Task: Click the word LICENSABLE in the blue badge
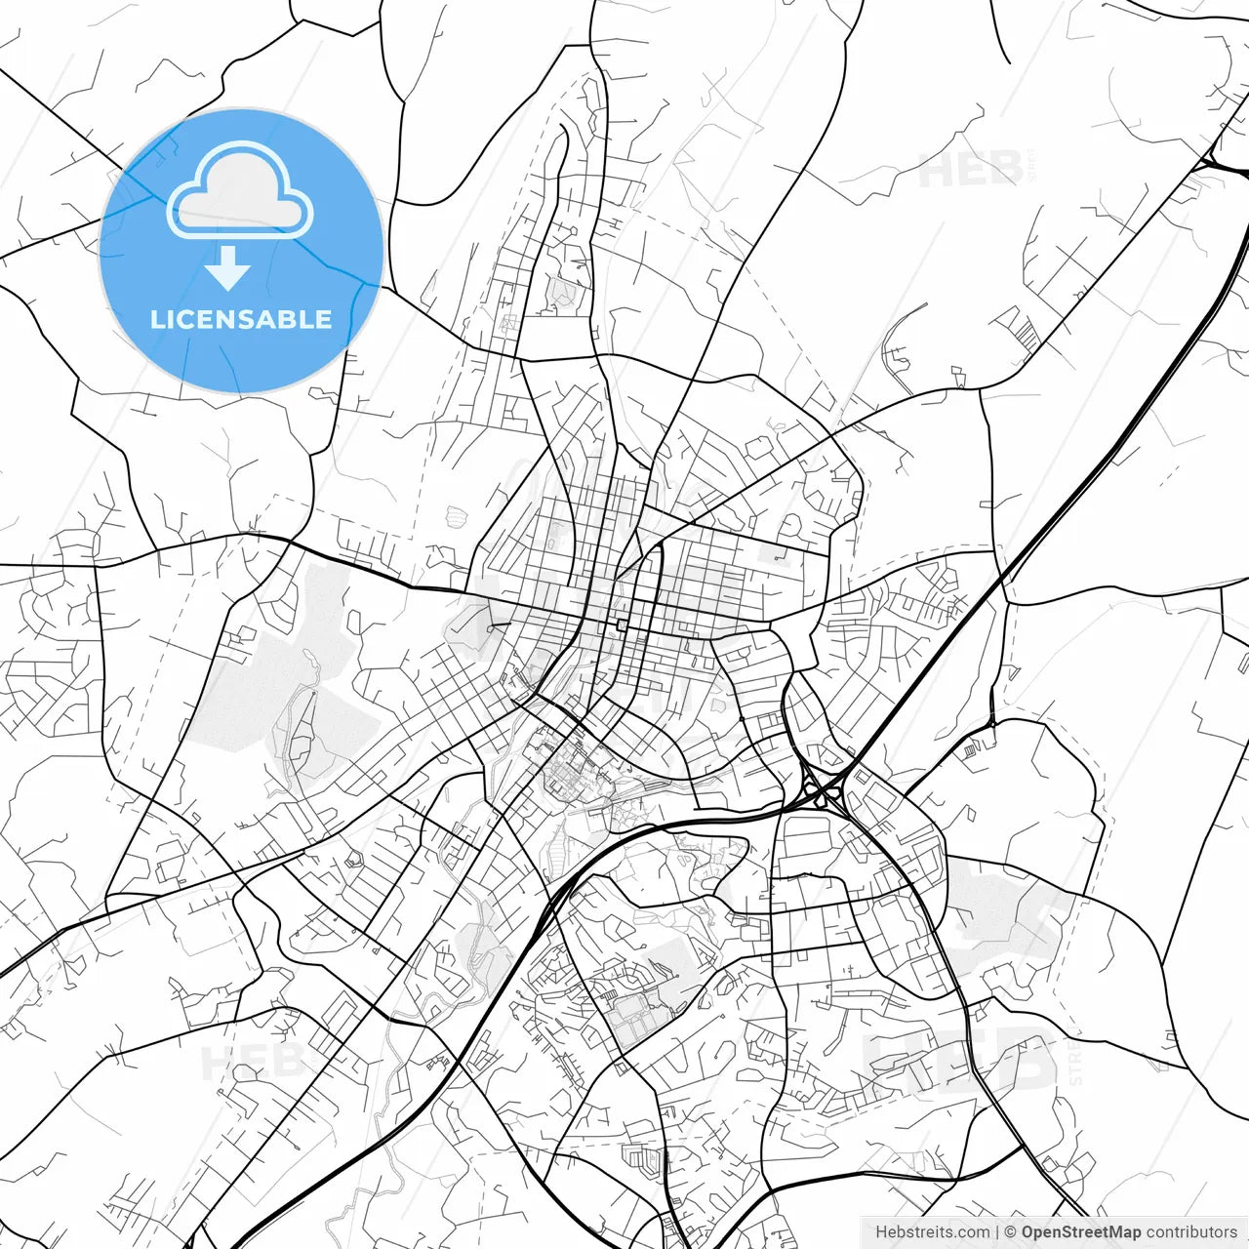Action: pos(240,319)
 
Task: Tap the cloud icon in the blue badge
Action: pos(240,190)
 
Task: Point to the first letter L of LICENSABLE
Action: pos(156,319)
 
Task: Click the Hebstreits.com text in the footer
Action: pos(932,1231)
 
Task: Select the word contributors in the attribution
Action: pos(1190,1231)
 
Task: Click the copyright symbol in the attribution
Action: pos(1011,1231)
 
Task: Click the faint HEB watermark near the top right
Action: pos(971,169)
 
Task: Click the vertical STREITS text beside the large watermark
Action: pos(1076,1059)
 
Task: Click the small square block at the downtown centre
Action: pos(622,624)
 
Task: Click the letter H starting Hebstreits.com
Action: pos(880,1231)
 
